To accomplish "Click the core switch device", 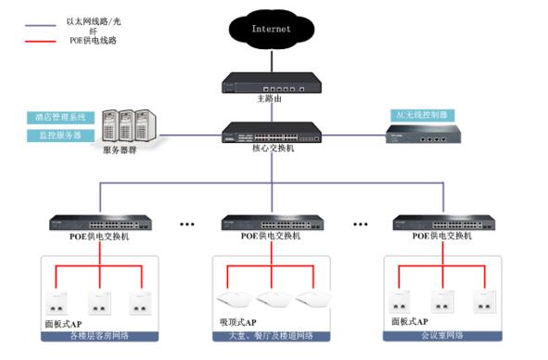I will pyautogui.click(x=273, y=132).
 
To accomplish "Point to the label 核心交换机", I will pyautogui.click(x=272, y=148).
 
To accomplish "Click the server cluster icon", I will pyautogui.click(x=127, y=122).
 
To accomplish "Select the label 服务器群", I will pyautogui.click(x=120, y=149).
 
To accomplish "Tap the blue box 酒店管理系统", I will pyautogui.click(x=61, y=118).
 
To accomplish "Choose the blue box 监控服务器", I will pyautogui.click(x=61, y=135).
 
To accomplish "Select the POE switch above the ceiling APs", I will pyautogui.click(x=272, y=224).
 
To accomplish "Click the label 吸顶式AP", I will pyautogui.click(x=240, y=323).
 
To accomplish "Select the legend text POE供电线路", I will pyautogui.click(x=93, y=41).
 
